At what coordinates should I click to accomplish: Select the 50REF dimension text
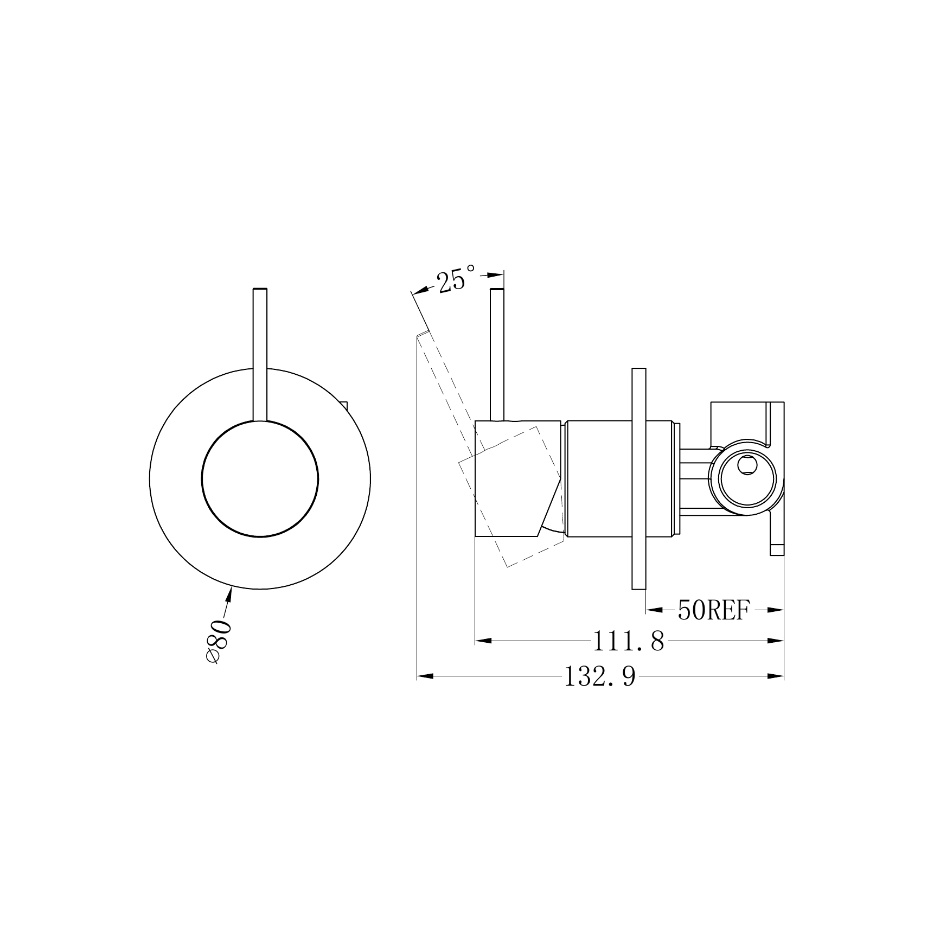pos(713,611)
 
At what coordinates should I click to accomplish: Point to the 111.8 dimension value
pos(628,642)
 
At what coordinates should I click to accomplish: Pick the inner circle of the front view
pos(260,478)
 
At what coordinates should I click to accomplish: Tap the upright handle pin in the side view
pos(497,354)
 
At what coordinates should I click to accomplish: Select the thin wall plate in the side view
pos(639,478)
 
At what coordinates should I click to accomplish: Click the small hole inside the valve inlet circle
pos(746,464)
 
